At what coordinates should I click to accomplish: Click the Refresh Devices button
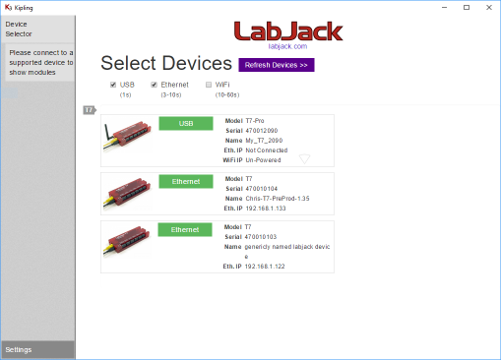pos(277,65)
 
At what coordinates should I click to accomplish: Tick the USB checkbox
pos(113,85)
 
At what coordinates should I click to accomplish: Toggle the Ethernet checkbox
pos(154,85)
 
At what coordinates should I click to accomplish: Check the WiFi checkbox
pos(208,85)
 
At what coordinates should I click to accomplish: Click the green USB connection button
pos(186,124)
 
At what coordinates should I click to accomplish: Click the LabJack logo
pos(288,32)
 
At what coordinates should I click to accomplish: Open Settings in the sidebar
pos(19,349)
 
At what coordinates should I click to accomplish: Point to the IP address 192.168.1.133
pos(266,209)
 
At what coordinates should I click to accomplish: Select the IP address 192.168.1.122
pos(266,267)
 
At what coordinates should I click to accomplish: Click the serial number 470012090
pos(264,130)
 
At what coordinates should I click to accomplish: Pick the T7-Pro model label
pos(256,120)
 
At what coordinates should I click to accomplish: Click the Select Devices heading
pos(165,64)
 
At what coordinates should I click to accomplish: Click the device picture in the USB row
pos(127,139)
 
